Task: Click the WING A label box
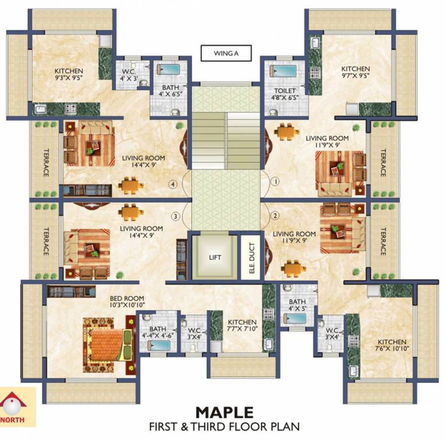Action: click(x=226, y=53)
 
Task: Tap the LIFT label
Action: click(x=215, y=257)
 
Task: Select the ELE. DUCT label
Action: click(x=252, y=258)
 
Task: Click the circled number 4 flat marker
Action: click(x=173, y=184)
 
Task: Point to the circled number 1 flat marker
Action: click(x=275, y=181)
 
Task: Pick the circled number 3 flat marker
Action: click(x=175, y=217)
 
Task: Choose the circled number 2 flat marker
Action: click(x=275, y=216)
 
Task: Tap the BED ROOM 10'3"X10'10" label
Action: click(x=127, y=301)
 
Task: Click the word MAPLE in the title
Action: click(x=224, y=412)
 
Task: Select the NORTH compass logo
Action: click(x=13, y=407)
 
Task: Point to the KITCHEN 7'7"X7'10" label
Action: click(x=242, y=325)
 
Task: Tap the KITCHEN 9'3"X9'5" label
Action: click(x=69, y=74)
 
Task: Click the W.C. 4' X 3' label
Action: click(x=129, y=75)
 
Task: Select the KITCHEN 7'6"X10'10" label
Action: click(x=392, y=345)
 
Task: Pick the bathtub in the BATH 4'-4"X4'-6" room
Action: click(x=159, y=345)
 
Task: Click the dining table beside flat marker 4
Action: click(x=131, y=186)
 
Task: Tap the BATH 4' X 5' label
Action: click(x=298, y=305)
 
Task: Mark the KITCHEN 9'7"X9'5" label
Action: click(x=355, y=72)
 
